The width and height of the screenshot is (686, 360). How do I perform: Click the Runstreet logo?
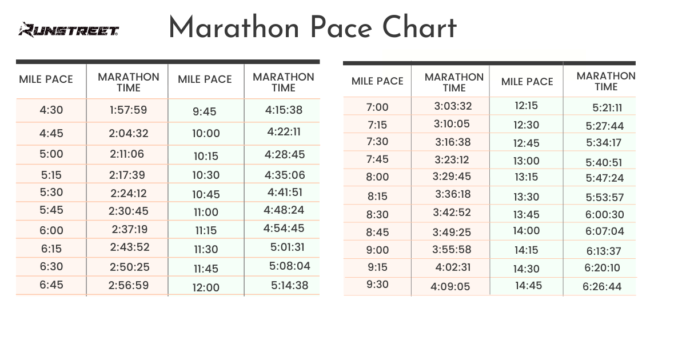point(68,30)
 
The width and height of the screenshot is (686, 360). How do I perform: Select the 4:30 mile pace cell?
point(51,110)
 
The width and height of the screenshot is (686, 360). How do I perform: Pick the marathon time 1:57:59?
point(129,110)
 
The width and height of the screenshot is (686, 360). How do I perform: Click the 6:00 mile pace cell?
point(51,230)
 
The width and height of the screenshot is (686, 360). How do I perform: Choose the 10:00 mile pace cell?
point(206,134)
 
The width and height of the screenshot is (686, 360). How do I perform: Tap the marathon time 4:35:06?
point(285,175)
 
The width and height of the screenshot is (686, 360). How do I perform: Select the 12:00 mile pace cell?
point(206,287)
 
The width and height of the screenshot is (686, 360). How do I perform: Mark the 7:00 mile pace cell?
point(377,107)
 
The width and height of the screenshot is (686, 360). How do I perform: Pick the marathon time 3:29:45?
point(453,177)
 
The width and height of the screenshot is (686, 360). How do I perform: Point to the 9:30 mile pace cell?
point(377,285)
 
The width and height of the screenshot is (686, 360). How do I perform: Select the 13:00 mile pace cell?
point(526,161)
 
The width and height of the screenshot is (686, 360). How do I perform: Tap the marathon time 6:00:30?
point(604,215)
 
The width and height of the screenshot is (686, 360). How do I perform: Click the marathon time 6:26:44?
point(602,287)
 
